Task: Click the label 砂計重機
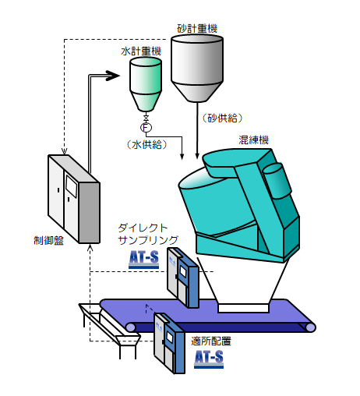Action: (197, 29)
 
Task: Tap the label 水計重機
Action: (141, 51)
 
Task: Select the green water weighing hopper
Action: (146, 84)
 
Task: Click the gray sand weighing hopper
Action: (197, 69)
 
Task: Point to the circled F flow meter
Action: (146, 128)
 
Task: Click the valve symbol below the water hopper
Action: (146, 118)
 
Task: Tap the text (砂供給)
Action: (223, 118)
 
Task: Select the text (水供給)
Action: (146, 144)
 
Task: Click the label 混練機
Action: (253, 140)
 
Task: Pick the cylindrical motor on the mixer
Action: (277, 182)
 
